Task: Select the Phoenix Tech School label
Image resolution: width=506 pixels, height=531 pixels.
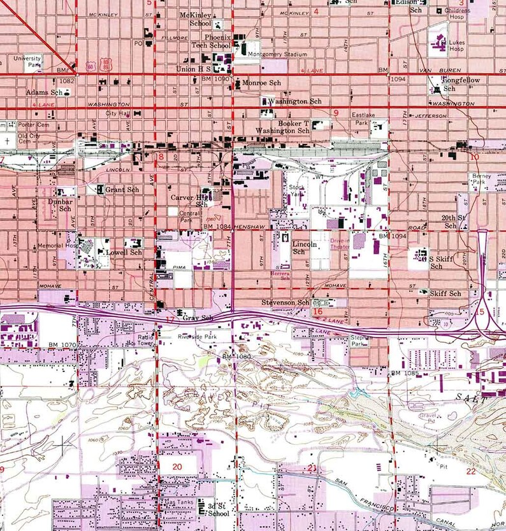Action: tap(212, 41)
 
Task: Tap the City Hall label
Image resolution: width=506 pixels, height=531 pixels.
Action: tap(118, 113)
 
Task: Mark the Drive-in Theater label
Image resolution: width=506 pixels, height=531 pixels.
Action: tap(340, 244)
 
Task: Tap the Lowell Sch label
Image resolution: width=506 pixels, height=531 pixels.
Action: tap(124, 252)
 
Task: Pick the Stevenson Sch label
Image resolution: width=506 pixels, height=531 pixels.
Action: tap(285, 302)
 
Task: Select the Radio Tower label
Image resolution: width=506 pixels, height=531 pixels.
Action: tap(146, 340)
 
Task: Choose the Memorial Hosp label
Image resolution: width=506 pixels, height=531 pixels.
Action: tap(57, 246)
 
